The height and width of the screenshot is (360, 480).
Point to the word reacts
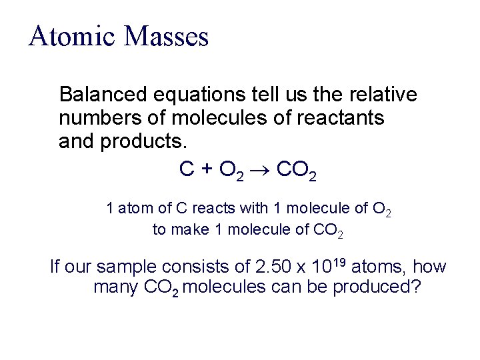point(211,209)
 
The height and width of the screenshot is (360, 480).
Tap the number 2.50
point(273,268)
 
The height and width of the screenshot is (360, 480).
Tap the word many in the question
point(116,289)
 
